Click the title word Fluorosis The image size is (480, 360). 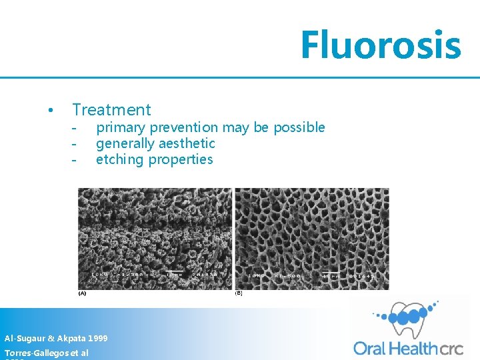tap(380, 45)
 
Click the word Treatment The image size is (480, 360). tap(111, 110)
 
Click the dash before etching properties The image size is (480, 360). tap(75, 160)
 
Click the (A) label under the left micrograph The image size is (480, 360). tap(82, 293)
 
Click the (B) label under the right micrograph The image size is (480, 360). tap(239, 293)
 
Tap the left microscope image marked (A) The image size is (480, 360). tap(155, 238)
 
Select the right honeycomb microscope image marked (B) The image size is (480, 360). tap(311, 238)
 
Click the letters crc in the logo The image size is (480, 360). tap(455, 347)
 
